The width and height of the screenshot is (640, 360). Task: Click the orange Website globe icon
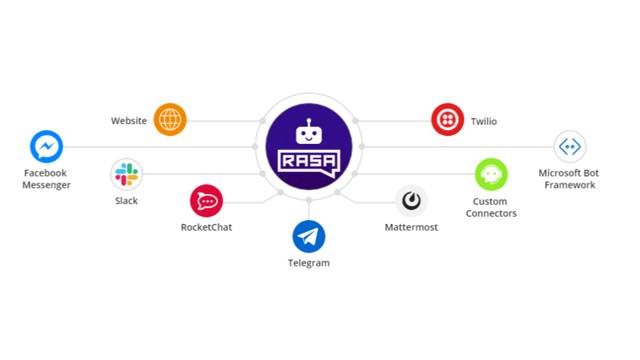(x=170, y=119)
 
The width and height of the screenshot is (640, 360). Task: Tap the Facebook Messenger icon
(x=47, y=147)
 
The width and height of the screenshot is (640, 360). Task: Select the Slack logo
(x=127, y=174)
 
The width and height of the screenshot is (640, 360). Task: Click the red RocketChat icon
(x=206, y=201)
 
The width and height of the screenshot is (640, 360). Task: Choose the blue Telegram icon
(x=309, y=237)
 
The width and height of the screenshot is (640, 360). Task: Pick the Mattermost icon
(x=411, y=201)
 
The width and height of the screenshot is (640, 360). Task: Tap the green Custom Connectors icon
(x=491, y=174)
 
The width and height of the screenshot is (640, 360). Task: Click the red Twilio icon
(x=447, y=119)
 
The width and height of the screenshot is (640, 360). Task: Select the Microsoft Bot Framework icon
(x=570, y=147)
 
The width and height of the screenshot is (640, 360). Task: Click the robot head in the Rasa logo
(x=309, y=133)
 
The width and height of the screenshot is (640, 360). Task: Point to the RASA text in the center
(x=309, y=161)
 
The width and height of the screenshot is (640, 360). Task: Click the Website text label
(x=129, y=121)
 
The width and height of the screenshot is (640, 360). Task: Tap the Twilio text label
(x=484, y=121)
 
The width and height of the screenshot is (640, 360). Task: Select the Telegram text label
(x=309, y=263)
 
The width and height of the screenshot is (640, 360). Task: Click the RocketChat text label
(x=206, y=227)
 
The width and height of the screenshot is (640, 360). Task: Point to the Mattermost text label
(x=411, y=227)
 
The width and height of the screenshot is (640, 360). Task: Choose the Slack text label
(x=126, y=201)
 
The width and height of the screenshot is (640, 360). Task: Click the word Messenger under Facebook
(x=47, y=185)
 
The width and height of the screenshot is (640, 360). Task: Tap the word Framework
(x=570, y=185)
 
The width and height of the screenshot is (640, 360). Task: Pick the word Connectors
(x=491, y=213)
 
